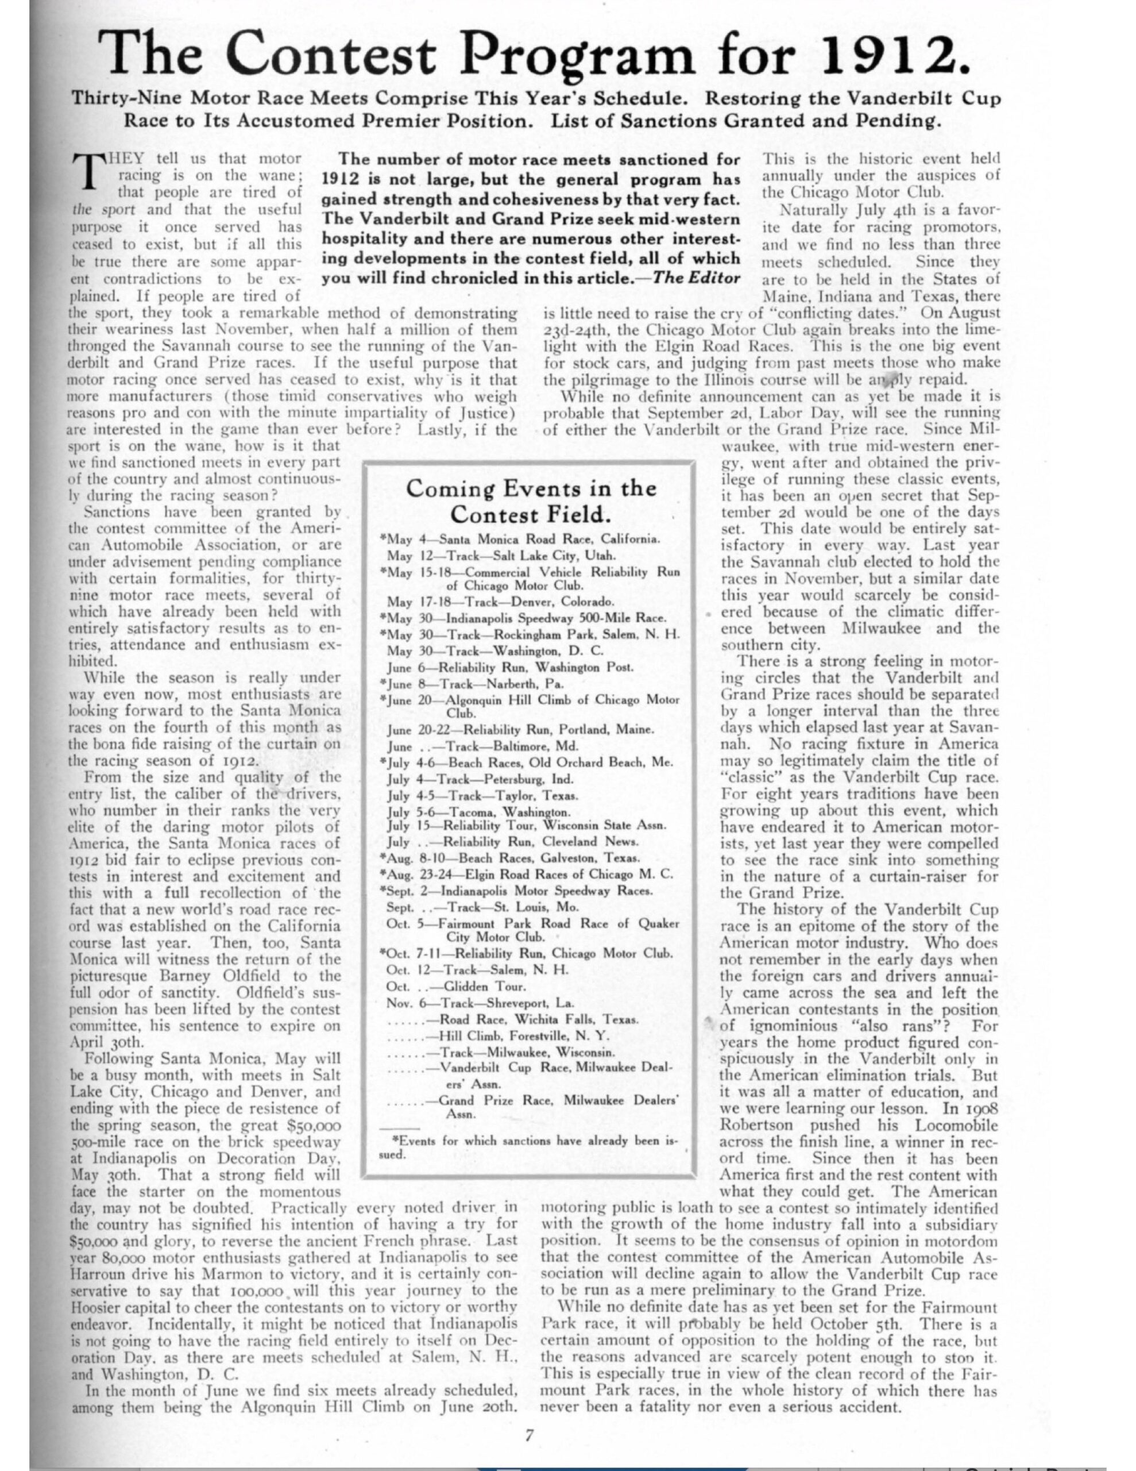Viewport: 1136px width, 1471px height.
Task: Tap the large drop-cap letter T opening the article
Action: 86,169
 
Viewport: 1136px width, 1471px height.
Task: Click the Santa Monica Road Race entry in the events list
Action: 521,540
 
